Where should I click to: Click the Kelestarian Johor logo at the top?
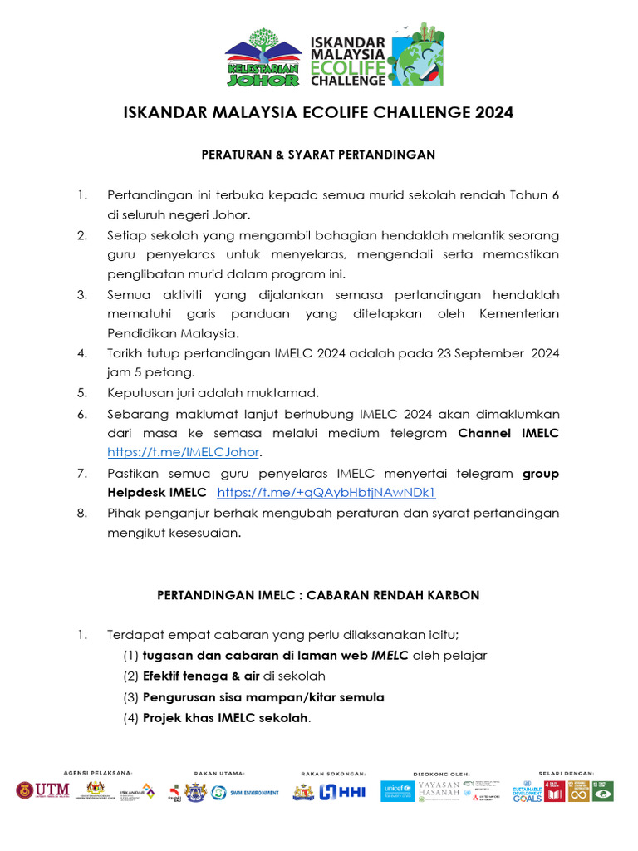[263, 58]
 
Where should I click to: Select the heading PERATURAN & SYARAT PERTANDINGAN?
[318, 155]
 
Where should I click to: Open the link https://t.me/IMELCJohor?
[184, 453]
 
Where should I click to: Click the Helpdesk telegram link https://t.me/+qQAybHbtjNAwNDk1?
[326, 493]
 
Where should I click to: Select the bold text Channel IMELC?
[509, 433]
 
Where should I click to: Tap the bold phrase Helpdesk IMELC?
[156, 493]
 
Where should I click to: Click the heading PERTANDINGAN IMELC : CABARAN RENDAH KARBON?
[318, 595]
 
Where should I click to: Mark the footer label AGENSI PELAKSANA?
[97, 773]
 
